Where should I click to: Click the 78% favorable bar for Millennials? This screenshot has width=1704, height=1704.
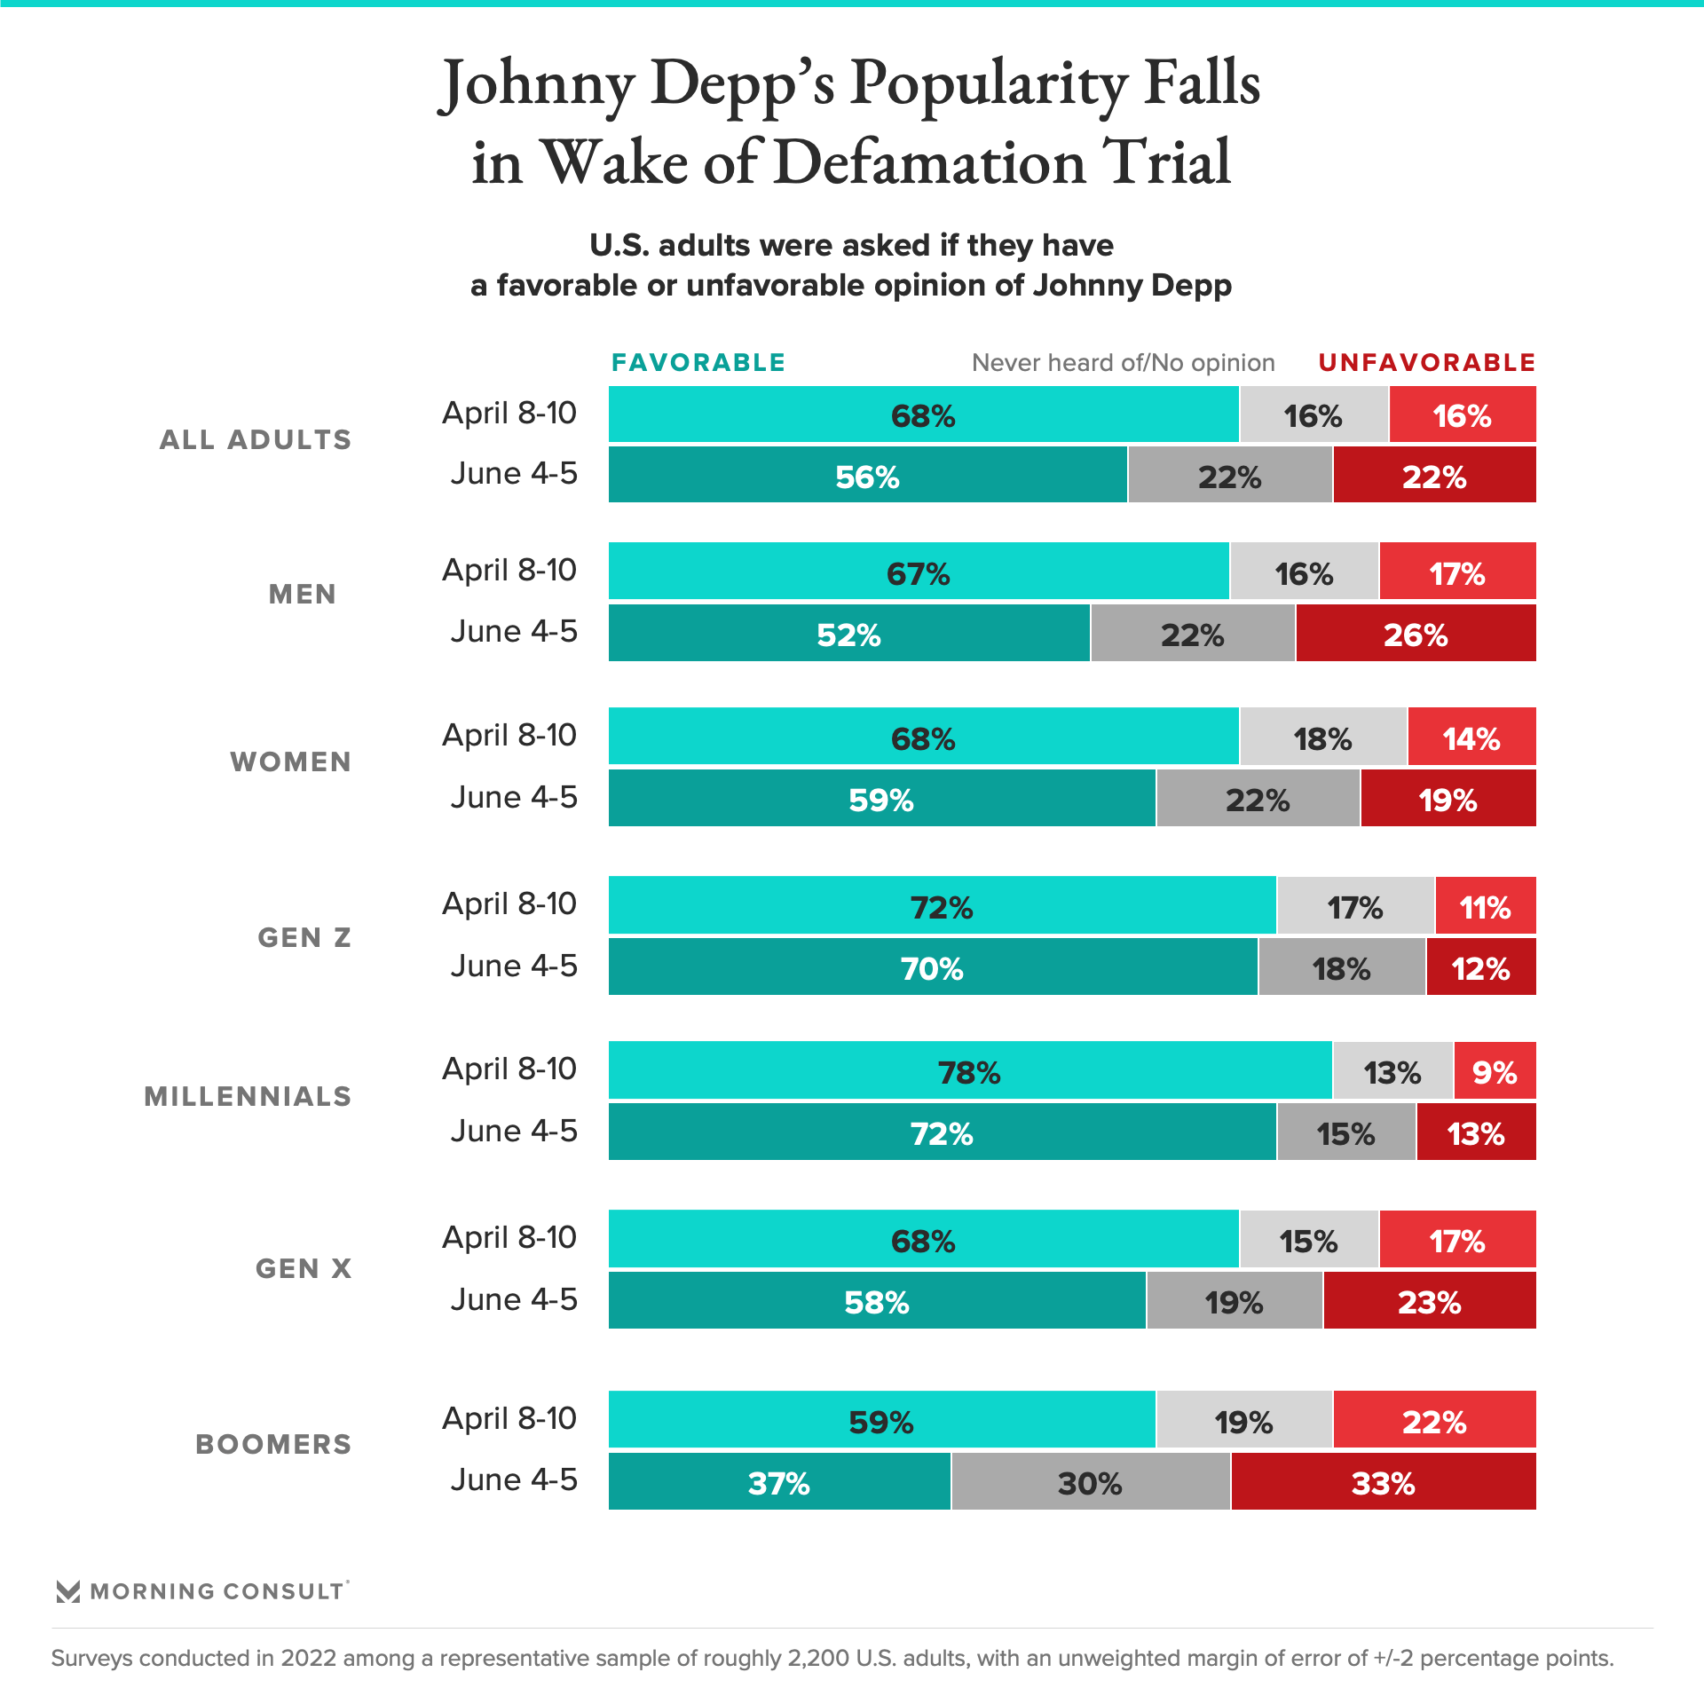pos(969,1071)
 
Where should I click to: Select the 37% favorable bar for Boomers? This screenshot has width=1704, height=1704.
pos(778,1482)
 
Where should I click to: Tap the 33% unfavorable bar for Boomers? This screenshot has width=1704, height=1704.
pos(1383,1482)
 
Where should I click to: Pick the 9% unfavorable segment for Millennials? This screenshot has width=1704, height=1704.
pos(1495,1071)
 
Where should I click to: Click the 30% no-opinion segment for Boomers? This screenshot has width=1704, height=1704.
pos(1090,1482)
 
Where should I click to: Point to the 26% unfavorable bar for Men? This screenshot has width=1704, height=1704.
pos(1415,634)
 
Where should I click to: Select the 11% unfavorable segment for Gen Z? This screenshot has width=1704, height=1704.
pos(1485,906)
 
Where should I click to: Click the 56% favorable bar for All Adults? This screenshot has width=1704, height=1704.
pos(867,476)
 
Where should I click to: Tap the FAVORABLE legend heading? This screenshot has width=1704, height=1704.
pos(698,362)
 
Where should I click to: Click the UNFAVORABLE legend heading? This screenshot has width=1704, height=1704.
pos(1426,362)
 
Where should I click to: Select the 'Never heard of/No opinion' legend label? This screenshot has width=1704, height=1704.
pos(1123,362)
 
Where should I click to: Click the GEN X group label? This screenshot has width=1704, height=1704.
pos(304,1268)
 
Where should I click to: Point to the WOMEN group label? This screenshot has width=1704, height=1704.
pos(291,761)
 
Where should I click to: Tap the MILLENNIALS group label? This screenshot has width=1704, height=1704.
pos(248,1096)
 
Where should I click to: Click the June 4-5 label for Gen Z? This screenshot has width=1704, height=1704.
pos(513,966)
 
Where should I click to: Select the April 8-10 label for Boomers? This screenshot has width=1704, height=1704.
pos(509,1418)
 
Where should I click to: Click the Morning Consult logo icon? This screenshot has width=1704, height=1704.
pos(68,1591)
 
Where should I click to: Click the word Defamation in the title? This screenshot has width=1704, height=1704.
pos(929,162)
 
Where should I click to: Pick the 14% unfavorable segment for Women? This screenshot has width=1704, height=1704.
pos(1471,738)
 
